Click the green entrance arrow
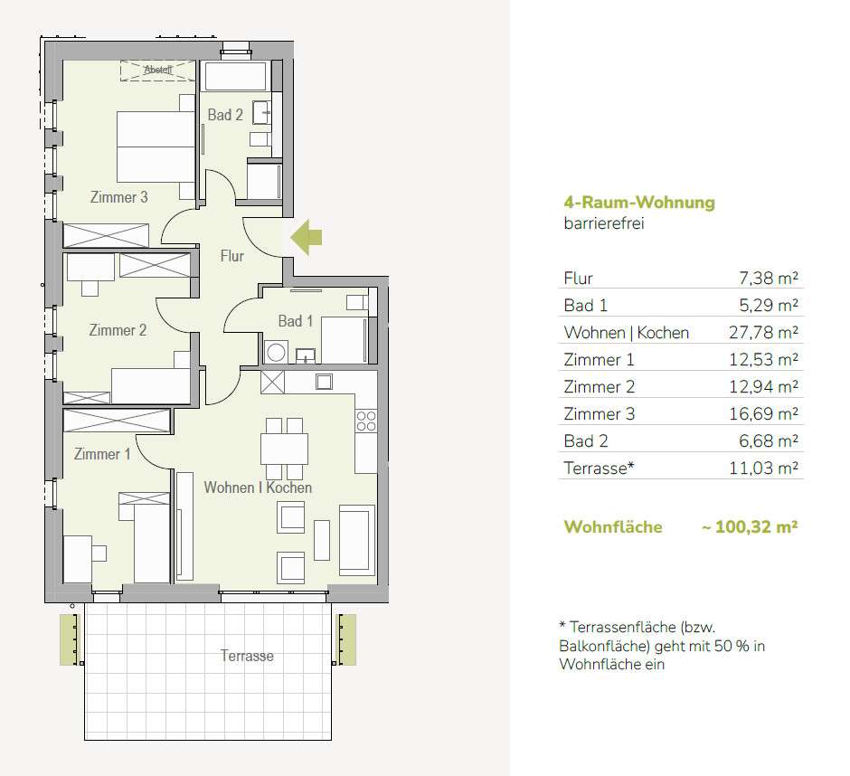coord(307,237)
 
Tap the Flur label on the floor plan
coord(232,256)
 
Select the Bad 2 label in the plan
coord(225,115)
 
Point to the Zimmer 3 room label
coord(118,197)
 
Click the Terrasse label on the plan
coord(247,656)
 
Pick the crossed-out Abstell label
coord(158,70)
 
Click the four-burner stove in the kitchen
coord(366,421)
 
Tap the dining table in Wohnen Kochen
coord(284,449)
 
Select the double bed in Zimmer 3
coord(156,147)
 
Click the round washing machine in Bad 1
coord(276,353)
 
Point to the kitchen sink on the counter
coord(324,382)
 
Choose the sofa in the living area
coord(356,540)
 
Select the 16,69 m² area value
coord(763,413)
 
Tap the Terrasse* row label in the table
coord(599,468)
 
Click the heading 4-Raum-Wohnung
coord(639,203)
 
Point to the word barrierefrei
coord(604,223)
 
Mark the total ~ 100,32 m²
coord(750,526)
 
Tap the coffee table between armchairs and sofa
coord(322,540)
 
